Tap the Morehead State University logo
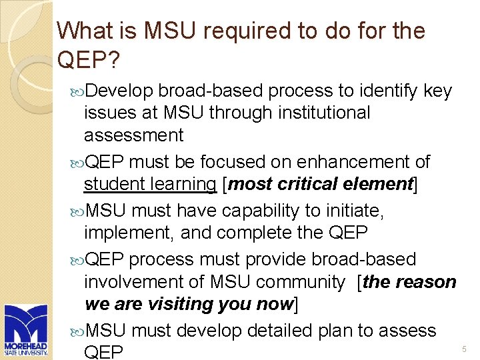pos(25,331)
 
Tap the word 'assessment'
pos(133,136)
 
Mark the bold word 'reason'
pos(425,283)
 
